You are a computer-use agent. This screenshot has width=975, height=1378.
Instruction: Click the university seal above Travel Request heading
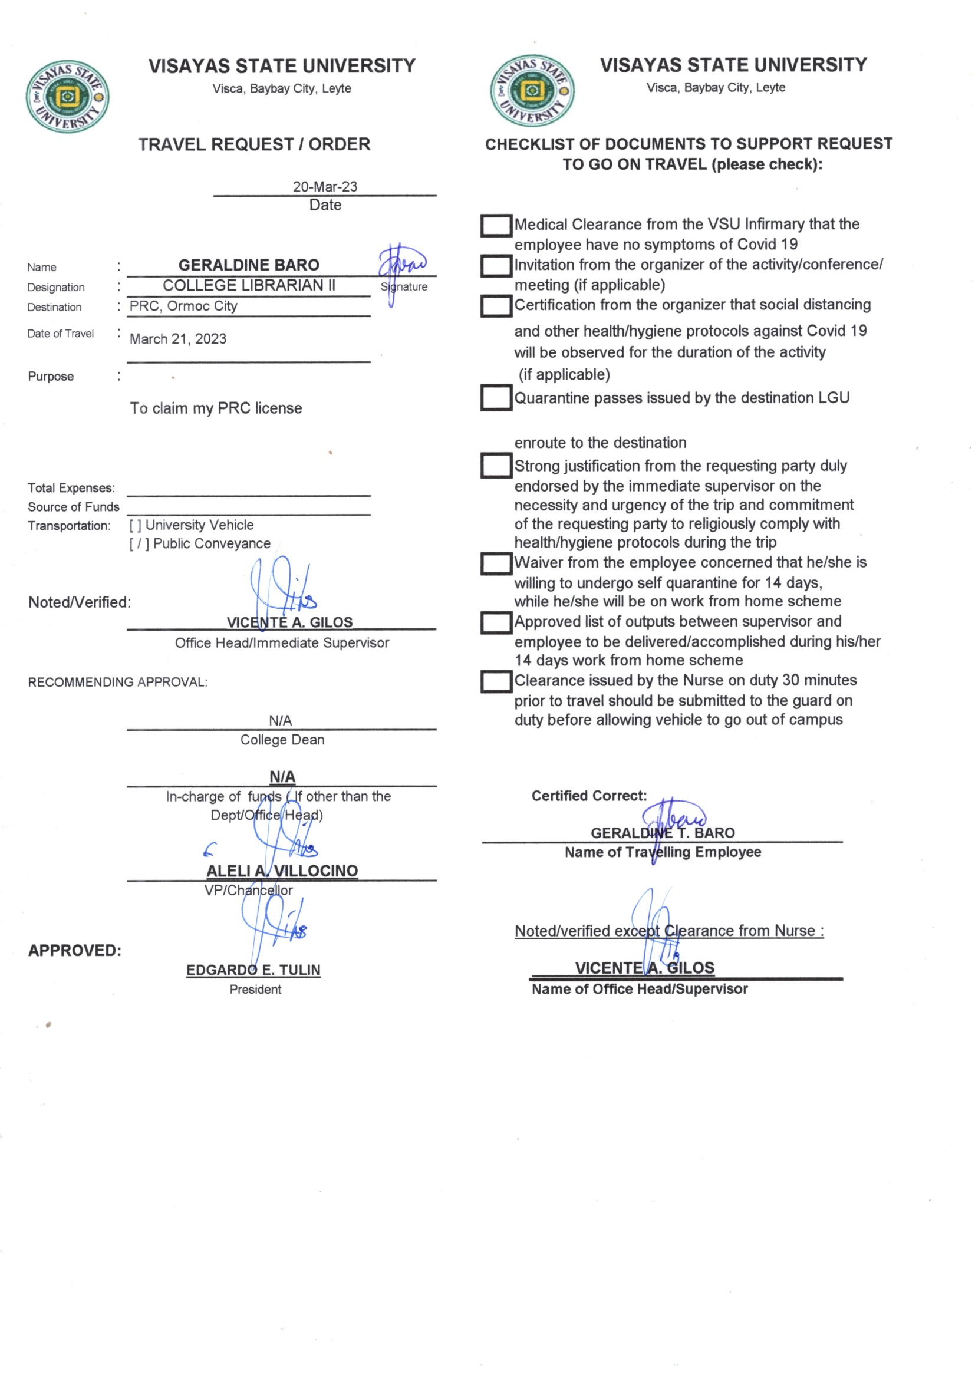[67, 97]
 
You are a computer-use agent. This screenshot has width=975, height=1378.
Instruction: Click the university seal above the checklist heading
[532, 91]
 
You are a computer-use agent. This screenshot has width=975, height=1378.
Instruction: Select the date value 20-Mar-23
[325, 187]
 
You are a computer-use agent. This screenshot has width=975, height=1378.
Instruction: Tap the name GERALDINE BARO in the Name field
[249, 265]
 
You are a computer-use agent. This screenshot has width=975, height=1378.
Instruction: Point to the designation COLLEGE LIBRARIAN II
[249, 286]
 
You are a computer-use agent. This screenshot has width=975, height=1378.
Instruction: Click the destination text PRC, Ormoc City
[184, 306]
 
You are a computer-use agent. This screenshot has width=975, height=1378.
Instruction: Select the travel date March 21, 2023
[178, 339]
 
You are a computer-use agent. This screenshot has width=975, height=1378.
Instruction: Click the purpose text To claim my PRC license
[216, 408]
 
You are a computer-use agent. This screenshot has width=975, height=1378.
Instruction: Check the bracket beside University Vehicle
[136, 525]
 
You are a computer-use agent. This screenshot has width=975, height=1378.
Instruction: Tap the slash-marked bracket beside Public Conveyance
[139, 544]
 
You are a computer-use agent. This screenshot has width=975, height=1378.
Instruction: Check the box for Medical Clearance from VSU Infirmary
[496, 226]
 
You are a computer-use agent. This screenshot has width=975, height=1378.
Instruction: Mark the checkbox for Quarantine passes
[496, 397]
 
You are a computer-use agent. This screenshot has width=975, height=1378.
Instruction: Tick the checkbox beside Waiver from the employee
[496, 563]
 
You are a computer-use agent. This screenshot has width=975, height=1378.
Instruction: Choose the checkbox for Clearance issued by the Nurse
[496, 682]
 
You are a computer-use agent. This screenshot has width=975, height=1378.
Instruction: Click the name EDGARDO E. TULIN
[253, 970]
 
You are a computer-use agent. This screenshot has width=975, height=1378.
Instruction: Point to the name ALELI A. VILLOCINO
[282, 871]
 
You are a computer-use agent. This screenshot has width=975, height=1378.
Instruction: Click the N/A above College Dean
[281, 720]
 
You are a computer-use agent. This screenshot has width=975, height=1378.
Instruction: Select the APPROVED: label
[74, 951]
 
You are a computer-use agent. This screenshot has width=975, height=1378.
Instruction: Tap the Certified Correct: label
[589, 796]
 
